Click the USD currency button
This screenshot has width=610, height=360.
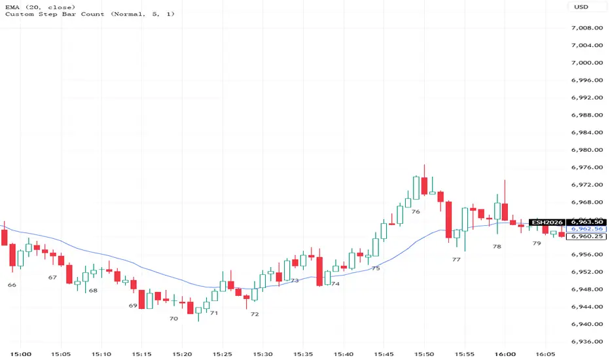click(581, 7)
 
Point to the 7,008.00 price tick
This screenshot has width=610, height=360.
click(586, 28)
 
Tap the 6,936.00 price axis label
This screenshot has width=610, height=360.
click(586, 342)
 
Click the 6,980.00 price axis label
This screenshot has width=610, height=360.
click(586, 150)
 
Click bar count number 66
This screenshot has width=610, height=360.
click(12, 285)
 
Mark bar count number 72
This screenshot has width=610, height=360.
click(255, 314)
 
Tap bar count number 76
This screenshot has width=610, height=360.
click(416, 211)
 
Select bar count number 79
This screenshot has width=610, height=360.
click(537, 243)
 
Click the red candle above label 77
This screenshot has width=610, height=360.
click(449, 220)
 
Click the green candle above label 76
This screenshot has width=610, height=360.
click(416, 187)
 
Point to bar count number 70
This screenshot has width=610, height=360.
click(173, 318)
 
